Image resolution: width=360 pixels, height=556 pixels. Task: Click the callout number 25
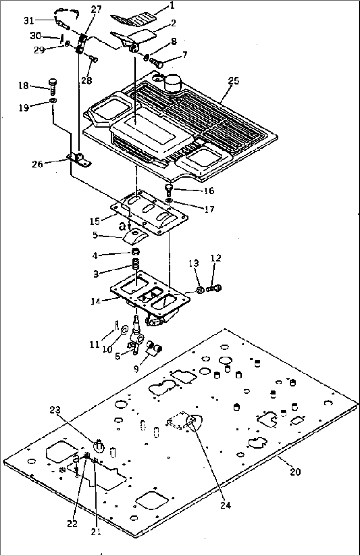tap(234, 81)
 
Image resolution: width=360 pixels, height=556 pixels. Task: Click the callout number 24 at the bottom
tap(226, 505)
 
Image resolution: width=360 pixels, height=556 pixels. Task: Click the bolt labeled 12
tap(215, 288)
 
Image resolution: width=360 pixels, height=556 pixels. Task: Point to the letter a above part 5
tap(122, 226)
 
